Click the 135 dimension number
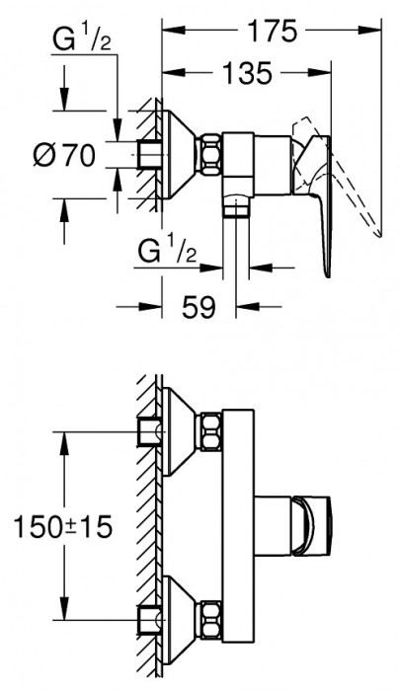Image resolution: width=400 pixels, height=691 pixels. coord(248,73)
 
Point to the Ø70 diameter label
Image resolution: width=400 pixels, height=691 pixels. coord(64,155)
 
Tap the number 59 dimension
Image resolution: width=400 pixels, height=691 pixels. coord(199,306)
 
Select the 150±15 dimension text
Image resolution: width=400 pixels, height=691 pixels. coord(63,526)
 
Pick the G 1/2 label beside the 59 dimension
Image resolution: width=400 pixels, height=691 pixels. coord(167,252)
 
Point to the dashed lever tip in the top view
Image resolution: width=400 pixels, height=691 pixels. coord(378,233)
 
